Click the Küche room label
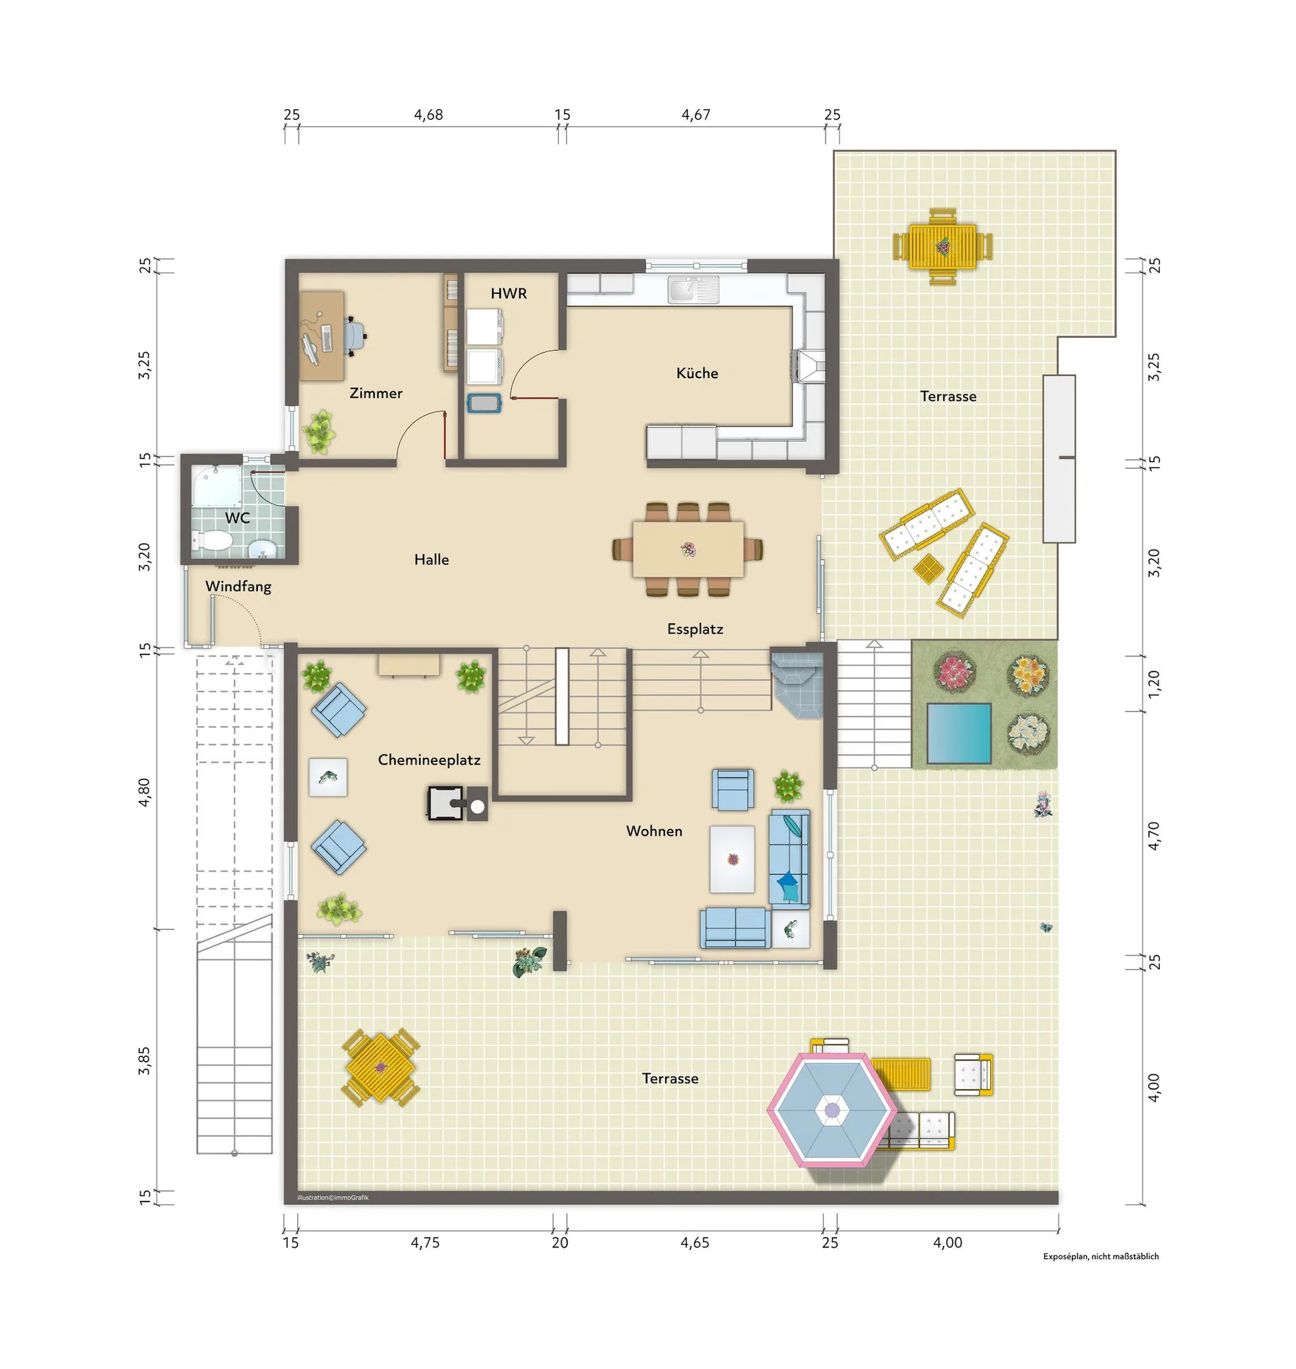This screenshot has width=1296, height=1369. coord(697,373)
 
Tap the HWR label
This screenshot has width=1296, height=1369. coord(508,294)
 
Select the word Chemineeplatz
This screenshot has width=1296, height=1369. coord(429,760)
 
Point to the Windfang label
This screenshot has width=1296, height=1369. coord(238,587)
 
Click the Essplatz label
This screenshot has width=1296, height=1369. coord(695,629)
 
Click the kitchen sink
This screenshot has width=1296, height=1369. coord(693,290)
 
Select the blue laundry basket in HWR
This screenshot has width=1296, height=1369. coord(483,404)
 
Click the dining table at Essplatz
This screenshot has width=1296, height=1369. coord(688,549)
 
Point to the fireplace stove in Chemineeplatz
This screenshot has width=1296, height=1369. coord(458,803)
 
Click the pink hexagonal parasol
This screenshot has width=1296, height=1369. coord(832,1110)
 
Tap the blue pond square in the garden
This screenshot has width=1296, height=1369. coord(959,733)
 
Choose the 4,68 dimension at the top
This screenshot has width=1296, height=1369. coord(429,115)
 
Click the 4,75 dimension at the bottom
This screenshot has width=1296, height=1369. coord(425,1243)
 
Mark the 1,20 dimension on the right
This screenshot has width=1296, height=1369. coord(1154,683)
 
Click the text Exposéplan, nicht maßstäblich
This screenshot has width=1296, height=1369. coord(1101,1256)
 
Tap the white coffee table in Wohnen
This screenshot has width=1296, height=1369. coord(732,859)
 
